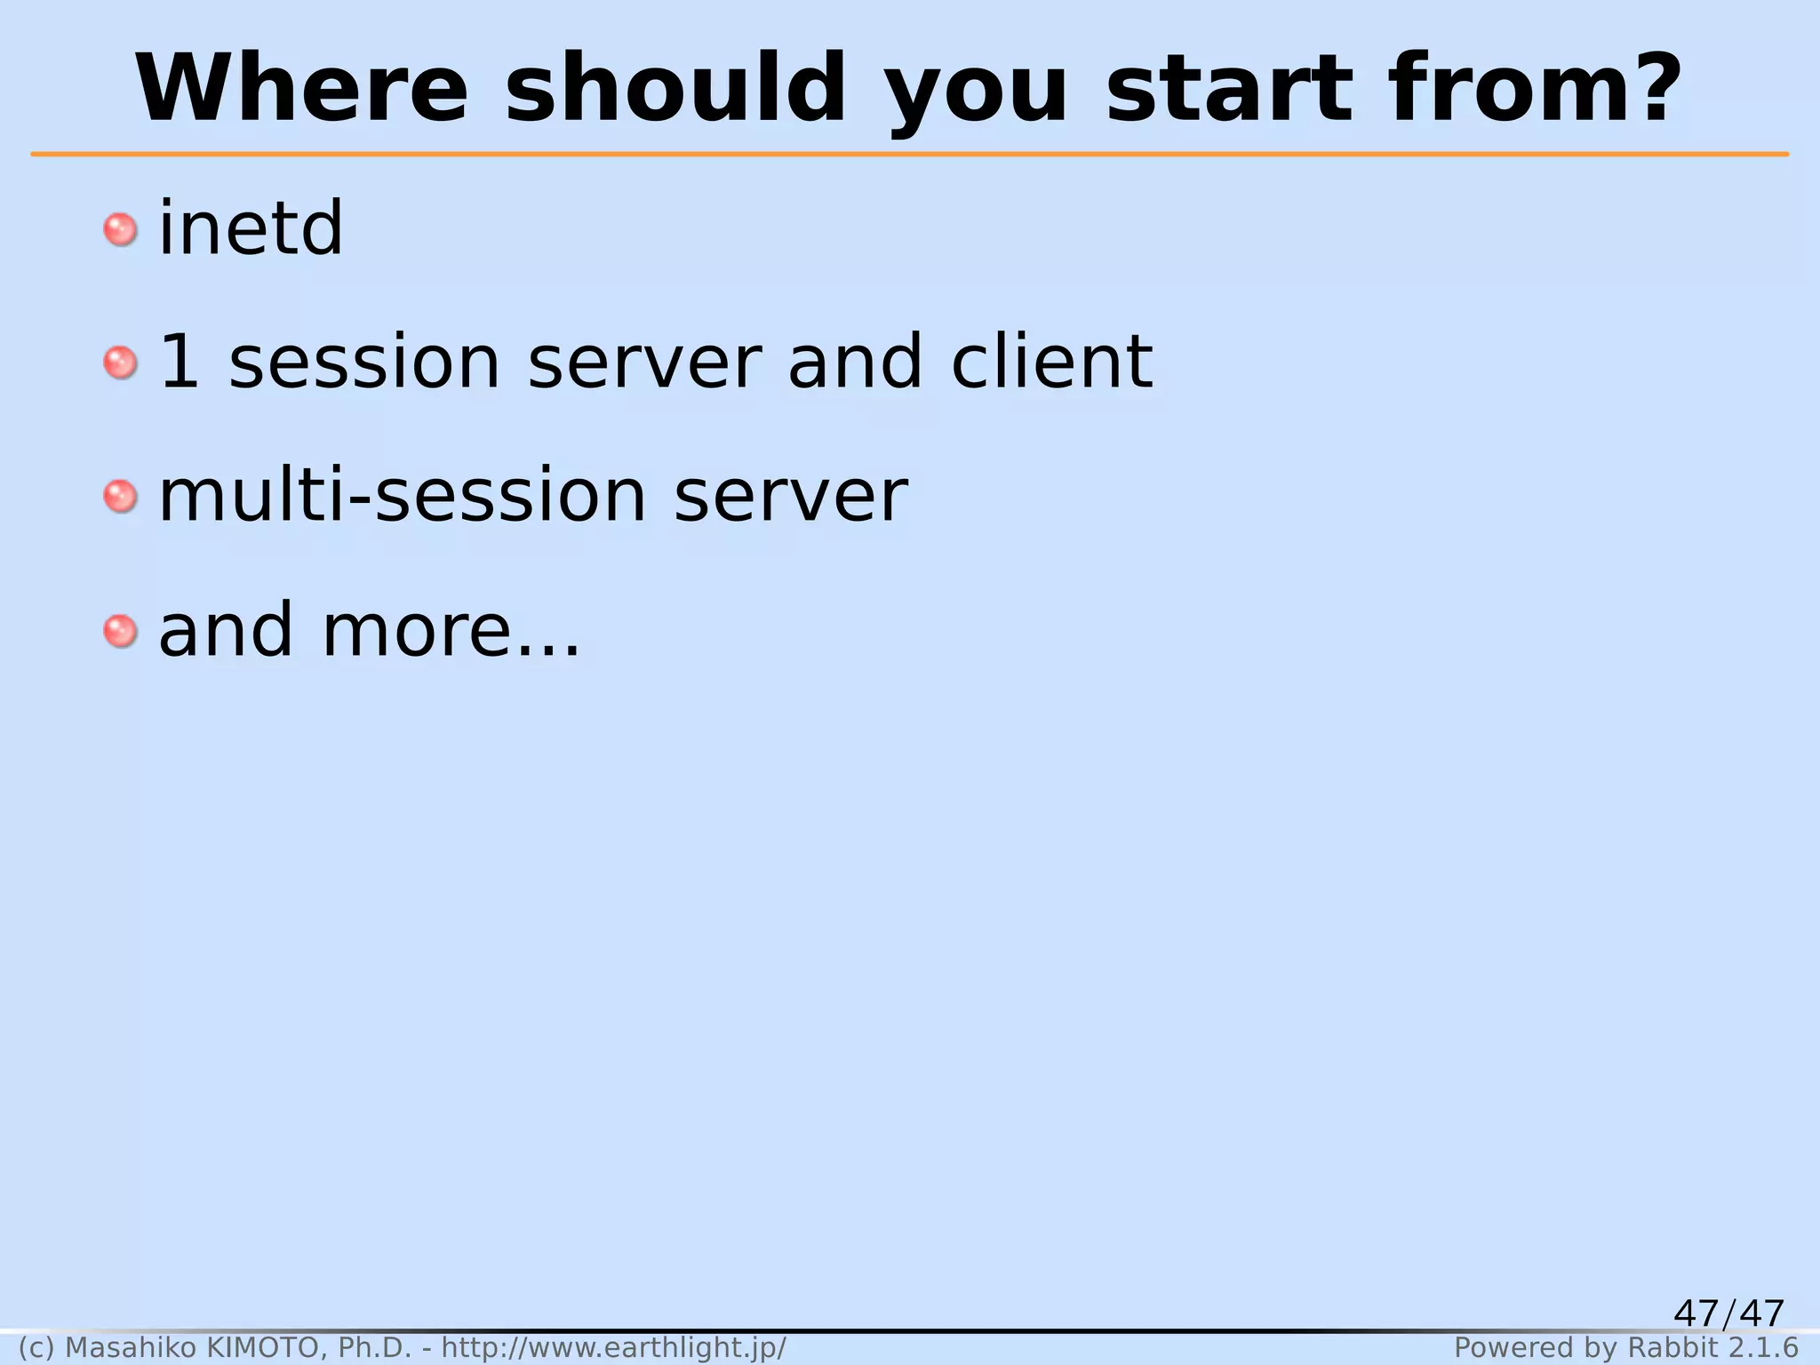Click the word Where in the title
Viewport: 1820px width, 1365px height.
click(x=302, y=89)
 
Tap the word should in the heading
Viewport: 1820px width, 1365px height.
click(x=676, y=89)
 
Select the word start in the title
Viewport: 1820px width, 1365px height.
click(x=1230, y=89)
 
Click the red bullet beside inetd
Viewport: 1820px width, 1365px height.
click(x=120, y=230)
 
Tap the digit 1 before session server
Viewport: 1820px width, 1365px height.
click(x=179, y=362)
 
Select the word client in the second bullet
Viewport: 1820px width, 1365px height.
click(x=1051, y=362)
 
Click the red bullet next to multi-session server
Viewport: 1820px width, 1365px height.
click(x=120, y=497)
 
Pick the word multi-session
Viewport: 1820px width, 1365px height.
click(x=403, y=496)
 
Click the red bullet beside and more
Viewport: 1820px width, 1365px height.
click(x=120, y=632)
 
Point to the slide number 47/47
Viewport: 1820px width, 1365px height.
click(x=1728, y=1313)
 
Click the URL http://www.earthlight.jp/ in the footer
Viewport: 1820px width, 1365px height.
click(x=614, y=1348)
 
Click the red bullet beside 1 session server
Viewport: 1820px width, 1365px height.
click(x=120, y=363)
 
